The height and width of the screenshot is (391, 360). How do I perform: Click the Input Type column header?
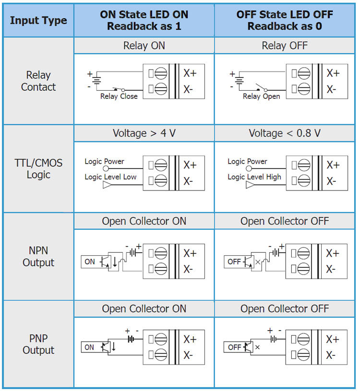pyautogui.click(x=38, y=21)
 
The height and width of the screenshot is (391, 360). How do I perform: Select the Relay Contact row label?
pyautogui.click(x=38, y=81)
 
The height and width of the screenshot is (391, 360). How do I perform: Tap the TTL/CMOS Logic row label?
pyautogui.click(x=38, y=169)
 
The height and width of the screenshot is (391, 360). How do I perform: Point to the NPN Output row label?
pyautogui.click(x=38, y=256)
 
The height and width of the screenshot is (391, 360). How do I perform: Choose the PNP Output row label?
pyautogui.click(x=38, y=344)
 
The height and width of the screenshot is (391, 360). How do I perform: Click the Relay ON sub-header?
pyautogui.click(x=144, y=46)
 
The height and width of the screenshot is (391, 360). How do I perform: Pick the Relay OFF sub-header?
pyautogui.click(x=285, y=46)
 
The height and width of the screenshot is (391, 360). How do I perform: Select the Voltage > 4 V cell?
pyautogui.click(x=144, y=133)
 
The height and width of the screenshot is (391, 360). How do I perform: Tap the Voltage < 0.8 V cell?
pyautogui.click(x=285, y=133)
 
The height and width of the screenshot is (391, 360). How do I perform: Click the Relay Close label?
pyautogui.click(x=119, y=96)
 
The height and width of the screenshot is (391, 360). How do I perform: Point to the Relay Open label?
pyautogui.click(x=262, y=96)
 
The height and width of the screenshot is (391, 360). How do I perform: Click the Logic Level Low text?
pyautogui.click(x=110, y=177)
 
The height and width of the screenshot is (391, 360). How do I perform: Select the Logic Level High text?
pyautogui.click(x=254, y=177)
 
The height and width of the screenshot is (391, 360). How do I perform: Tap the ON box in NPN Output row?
pyautogui.click(x=90, y=261)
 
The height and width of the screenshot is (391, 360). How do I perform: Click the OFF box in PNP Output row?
pyautogui.click(x=235, y=347)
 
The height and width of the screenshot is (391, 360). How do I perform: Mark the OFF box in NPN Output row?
pyautogui.click(x=234, y=261)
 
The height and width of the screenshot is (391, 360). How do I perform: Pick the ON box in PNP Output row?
pyautogui.click(x=89, y=347)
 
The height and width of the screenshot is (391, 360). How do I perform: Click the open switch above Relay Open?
pyautogui.click(x=262, y=87)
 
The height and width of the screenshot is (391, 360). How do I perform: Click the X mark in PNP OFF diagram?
pyautogui.click(x=257, y=347)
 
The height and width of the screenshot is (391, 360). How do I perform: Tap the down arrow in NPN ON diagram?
pyautogui.click(x=115, y=261)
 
